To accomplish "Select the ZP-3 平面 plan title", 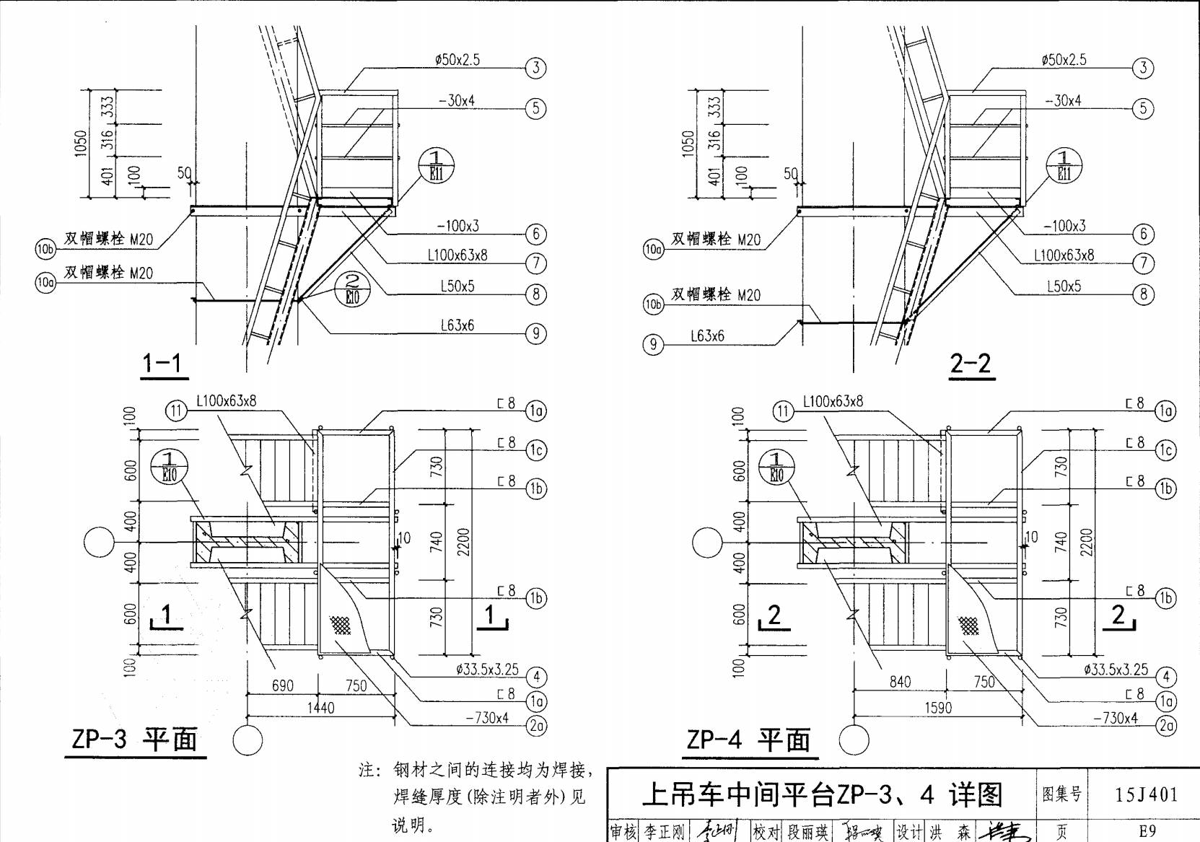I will [x=135, y=740].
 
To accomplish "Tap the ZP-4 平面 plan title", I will [x=749, y=740].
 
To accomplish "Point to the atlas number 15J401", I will [x=1146, y=795].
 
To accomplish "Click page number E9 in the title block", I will [x=1146, y=831].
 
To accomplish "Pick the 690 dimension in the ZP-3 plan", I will [x=283, y=685].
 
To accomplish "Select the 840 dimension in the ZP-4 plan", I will [x=900, y=682].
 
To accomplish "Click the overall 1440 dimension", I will [x=321, y=708].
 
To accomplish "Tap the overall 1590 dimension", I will [x=938, y=708].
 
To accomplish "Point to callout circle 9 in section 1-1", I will [x=536, y=333].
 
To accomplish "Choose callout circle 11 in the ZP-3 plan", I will [x=177, y=411].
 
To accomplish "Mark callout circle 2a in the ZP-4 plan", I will [x=1167, y=726].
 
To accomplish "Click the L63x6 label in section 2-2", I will [x=707, y=336].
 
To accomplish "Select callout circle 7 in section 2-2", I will [x=1143, y=263].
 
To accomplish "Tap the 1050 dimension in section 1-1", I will [x=81, y=143].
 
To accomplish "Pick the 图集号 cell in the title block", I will [x=1062, y=794].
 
